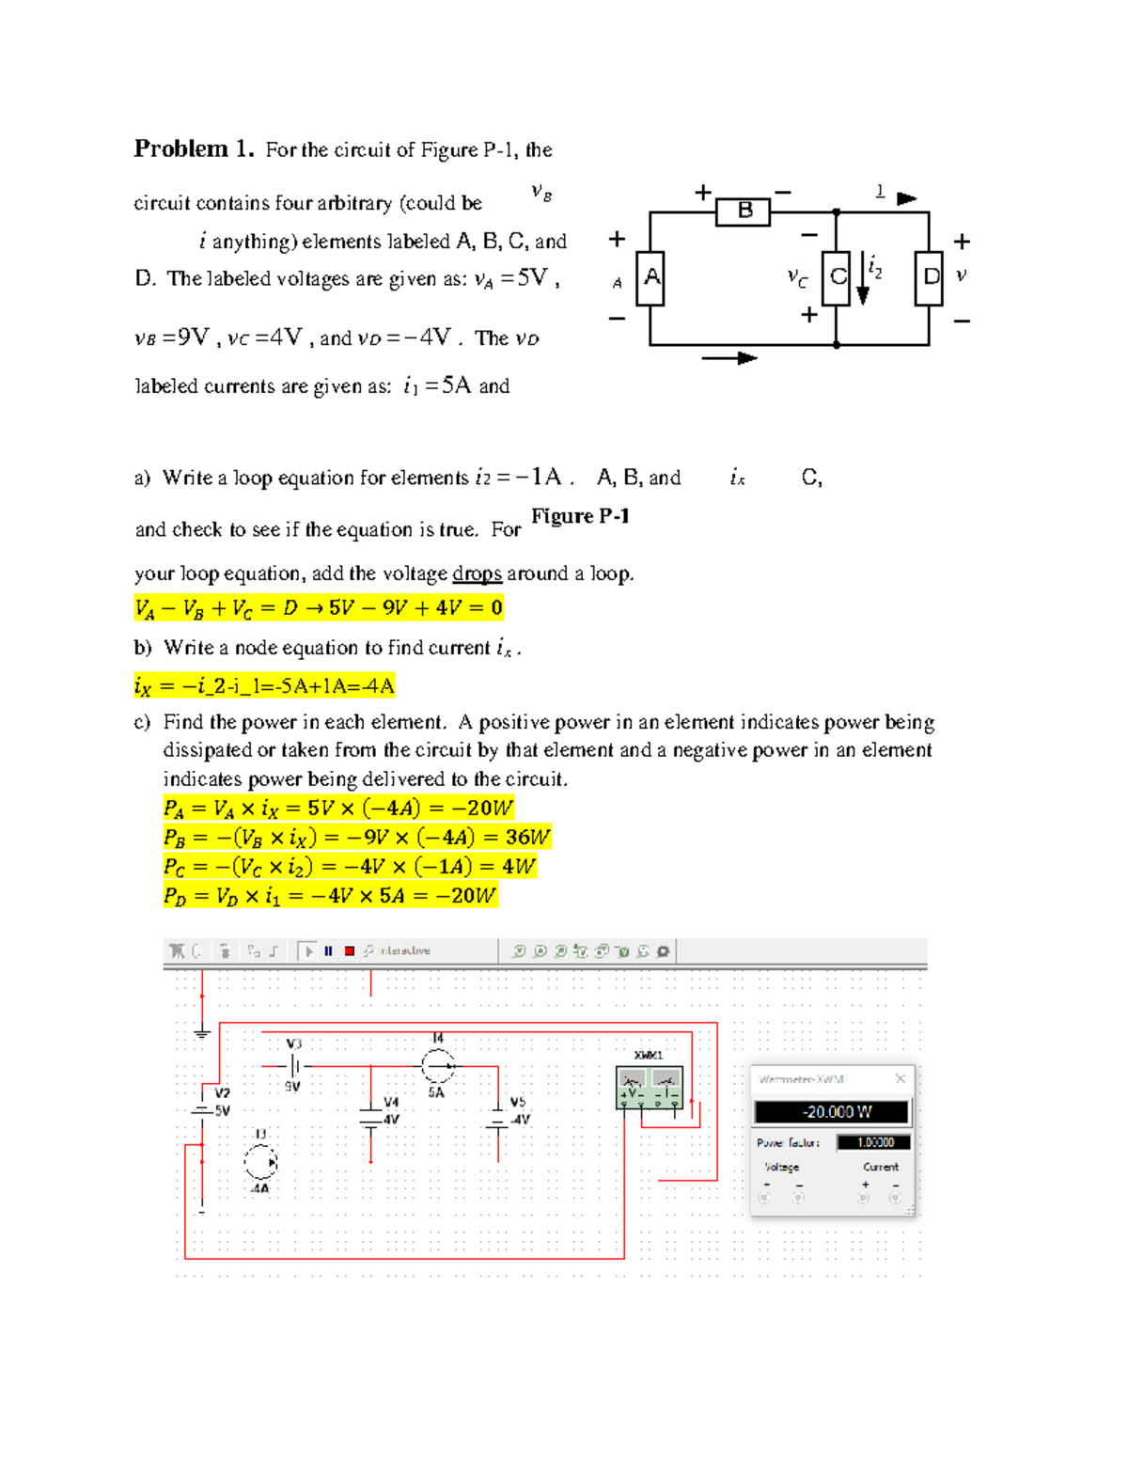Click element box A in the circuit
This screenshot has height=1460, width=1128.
(x=650, y=278)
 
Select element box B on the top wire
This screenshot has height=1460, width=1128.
(x=743, y=212)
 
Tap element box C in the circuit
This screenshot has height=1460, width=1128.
(x=836, y=277)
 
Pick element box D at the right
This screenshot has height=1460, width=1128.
(x=929, y=277)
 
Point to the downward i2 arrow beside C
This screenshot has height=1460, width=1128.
(x=862, y=281)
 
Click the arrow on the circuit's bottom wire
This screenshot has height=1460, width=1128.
(x=729, y=358)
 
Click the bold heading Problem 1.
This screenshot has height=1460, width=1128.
(x=194, y=149)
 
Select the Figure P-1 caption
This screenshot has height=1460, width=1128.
(x=580, y=516)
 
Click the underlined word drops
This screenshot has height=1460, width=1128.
(x=477, y=573)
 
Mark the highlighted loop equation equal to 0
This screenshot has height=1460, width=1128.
(x=319, y=608)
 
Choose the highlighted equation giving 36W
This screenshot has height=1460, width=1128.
(x=356, y=837)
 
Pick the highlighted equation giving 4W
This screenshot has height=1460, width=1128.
(x=349, y=866)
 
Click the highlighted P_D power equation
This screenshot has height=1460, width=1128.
(x=330, y=896)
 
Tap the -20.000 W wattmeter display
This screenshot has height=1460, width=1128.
(x=832, y=1112)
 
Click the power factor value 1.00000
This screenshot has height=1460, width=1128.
(x=873, y=1142)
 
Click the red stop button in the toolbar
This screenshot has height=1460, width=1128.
(x=350, y=951)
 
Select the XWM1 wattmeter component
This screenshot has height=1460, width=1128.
(x=649, y=1087)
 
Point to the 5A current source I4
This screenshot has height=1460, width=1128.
(x=437, y=1066)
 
